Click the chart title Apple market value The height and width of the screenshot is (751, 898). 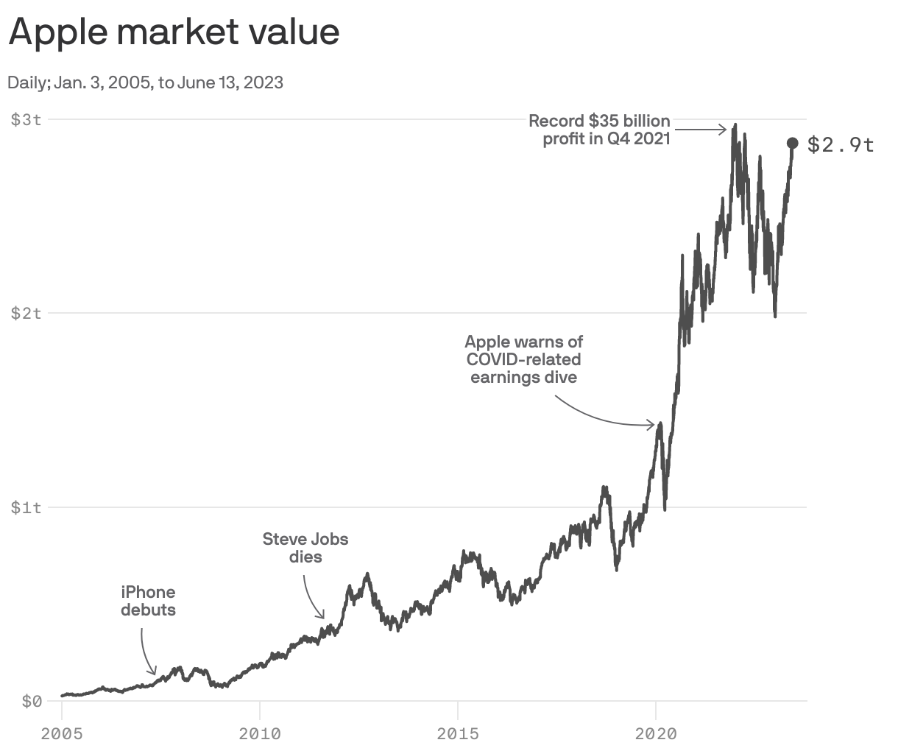[174, 32]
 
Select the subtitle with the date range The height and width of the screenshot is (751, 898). [145, 82]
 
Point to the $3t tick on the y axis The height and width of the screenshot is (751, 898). [26, 119]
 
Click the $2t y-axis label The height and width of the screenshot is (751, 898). [26, 313]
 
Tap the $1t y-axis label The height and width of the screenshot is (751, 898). [26, 507]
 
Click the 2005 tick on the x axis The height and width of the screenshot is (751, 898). [62, 733]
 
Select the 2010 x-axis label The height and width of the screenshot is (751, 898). [260, 733]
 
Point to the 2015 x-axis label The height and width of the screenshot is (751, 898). [458, 733]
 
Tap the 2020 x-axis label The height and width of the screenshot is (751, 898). [656, 733]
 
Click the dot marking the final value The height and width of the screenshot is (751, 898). [793, 143]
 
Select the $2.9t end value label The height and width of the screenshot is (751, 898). [841, 145]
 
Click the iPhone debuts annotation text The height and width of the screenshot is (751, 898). [148, 601]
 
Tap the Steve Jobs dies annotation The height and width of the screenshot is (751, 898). [305, 548]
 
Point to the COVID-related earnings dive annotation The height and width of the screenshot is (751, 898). [524, 359]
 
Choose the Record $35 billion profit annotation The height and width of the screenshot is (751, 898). [599, 130]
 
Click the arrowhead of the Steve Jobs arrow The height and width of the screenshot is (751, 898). [322, 616]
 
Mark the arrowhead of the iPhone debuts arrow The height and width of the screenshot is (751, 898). [154, 671]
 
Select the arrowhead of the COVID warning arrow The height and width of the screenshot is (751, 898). [653, 425]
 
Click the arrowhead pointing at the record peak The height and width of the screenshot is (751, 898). [725, 130]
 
